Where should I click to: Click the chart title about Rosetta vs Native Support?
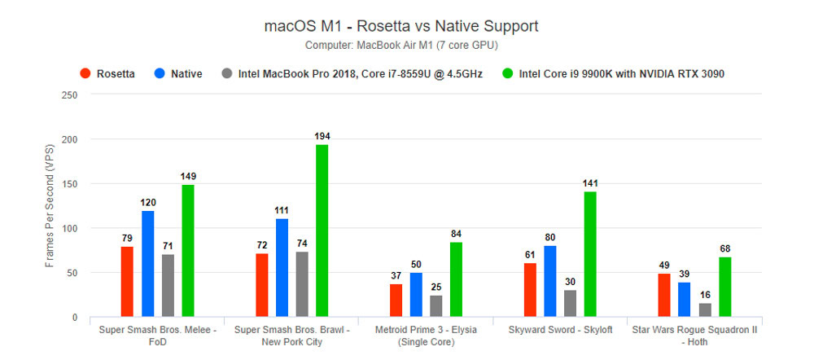pos(400,26)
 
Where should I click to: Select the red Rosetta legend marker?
pos(85,73)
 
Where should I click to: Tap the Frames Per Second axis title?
pos(50,205)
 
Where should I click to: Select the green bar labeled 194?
pos(322,230)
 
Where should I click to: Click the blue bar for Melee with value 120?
pos(147,264)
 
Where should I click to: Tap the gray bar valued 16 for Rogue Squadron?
pos(704,310)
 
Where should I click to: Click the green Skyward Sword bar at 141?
pos(590,254)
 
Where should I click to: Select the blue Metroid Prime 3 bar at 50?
pos(416,295)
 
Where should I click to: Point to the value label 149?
pos(188,176)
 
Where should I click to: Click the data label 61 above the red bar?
pos(530,254)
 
